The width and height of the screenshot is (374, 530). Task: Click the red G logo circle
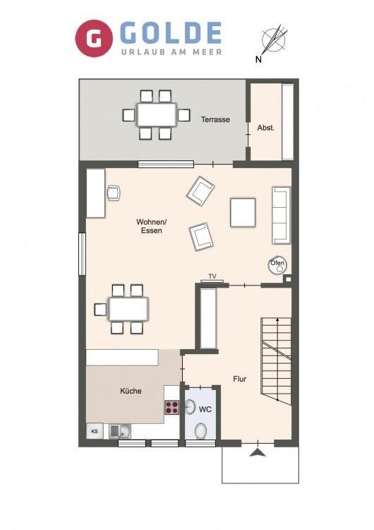click(93, 38)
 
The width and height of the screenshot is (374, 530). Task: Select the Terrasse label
click(215, 119)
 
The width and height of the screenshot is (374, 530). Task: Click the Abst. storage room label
click(266, 128)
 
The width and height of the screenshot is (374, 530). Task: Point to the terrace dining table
click(157, 114)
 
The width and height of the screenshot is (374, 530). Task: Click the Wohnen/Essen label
click(152, 226)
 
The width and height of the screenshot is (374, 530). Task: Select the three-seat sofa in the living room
click(281, 215)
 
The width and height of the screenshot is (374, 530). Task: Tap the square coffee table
click(243, 212)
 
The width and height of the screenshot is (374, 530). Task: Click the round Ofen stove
click(277, 265)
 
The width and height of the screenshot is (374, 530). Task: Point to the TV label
click(212, 276)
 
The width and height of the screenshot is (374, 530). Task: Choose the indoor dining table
click(128, 309)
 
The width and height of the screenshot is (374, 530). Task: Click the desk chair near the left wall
click(114, 193)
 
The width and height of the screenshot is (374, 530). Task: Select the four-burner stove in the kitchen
click(171, 407)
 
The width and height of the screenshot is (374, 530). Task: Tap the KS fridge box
click(95, 431)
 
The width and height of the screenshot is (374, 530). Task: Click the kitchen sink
click(121, 431)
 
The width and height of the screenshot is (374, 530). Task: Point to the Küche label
click(131, 391)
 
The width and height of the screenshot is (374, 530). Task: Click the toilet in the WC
click(201, 431)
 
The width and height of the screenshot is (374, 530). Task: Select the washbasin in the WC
click(190, 406)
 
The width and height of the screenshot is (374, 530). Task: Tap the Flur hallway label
click(240, 379)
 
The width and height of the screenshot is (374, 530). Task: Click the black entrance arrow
click(258, 452)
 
